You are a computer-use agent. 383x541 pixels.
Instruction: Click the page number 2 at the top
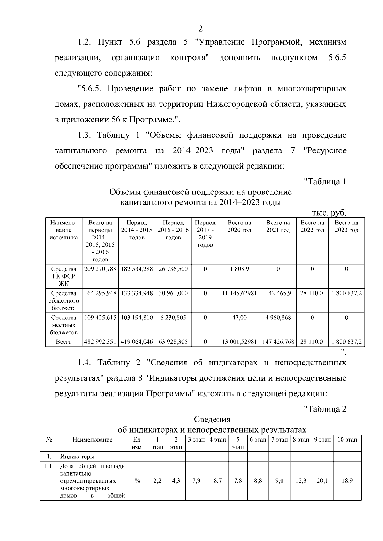click(200, 29)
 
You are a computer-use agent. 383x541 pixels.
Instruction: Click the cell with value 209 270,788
click(100, 269)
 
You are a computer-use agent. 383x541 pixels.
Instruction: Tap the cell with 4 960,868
click(278, 318)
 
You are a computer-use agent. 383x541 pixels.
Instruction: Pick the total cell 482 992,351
click(100, 342)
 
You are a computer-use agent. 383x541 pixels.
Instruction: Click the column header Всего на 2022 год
click(312, 226)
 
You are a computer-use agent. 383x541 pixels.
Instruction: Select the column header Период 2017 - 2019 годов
click(205, 234)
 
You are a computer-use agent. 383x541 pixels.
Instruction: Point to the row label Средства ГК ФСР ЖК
click(64, 276)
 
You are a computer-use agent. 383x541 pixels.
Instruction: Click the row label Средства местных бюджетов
click(64, 325)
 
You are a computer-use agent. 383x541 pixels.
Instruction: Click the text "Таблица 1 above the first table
click(325, 182)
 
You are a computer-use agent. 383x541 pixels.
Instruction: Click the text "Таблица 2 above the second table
click(325, 409)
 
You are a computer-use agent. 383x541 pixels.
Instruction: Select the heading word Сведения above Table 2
click(212, 419)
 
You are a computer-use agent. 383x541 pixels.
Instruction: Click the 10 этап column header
click(347, 440)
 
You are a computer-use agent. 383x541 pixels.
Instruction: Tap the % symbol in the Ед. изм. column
click(137, 481)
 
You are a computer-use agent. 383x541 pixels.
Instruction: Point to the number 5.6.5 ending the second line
click(337, 58)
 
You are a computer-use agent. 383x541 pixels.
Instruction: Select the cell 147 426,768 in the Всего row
click(278, 342)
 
